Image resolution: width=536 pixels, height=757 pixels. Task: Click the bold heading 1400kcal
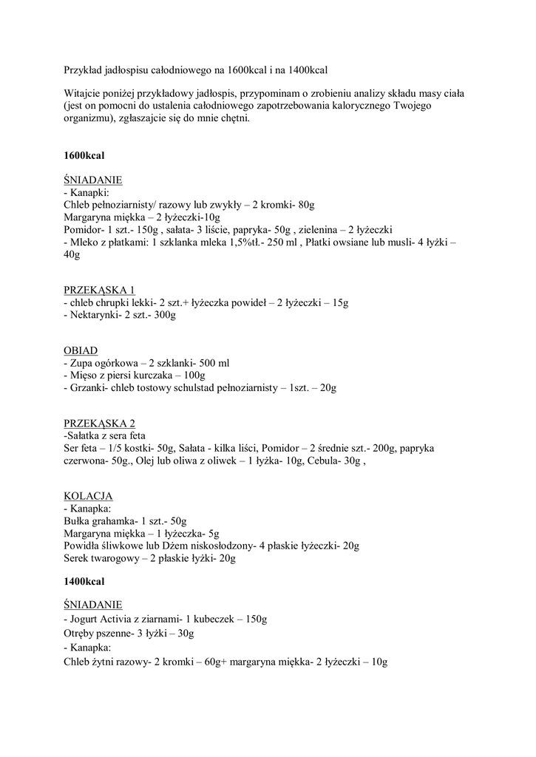(84, 582)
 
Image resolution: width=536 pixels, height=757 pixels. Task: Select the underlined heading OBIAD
(81, 350)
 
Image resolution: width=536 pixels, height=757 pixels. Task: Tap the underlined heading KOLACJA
(88, 495)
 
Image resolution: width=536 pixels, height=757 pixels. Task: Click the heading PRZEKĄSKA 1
(99, 289)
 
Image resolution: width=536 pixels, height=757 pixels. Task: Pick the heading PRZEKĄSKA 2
(99, 424)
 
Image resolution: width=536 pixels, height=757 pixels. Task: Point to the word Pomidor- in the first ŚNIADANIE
(85, 230)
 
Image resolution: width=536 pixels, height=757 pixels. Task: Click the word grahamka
(115, 520)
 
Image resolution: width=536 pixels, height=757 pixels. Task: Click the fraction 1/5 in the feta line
(108, 448)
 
